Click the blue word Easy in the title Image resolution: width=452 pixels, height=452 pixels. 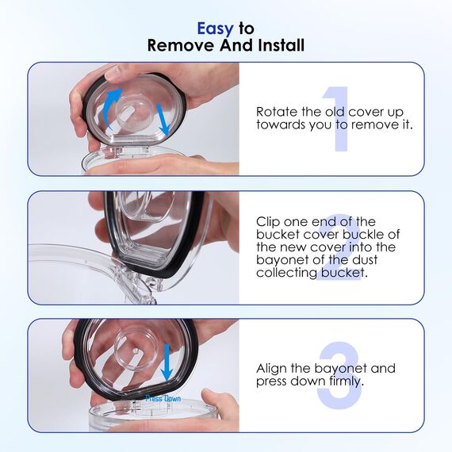pos(216,29)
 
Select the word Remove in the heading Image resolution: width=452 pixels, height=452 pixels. pos(181,45)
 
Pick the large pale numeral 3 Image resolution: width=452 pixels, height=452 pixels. pos(339,375)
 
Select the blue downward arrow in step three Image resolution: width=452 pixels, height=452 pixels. pos(167,362)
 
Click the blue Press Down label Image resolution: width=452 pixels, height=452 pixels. pos(163,399)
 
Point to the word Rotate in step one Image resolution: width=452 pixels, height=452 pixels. pos(277,112)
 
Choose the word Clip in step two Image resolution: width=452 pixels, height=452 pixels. pos(268,222)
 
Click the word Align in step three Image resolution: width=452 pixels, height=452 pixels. pos(271,369)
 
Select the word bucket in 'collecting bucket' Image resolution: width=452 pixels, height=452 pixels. pos(343,273)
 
